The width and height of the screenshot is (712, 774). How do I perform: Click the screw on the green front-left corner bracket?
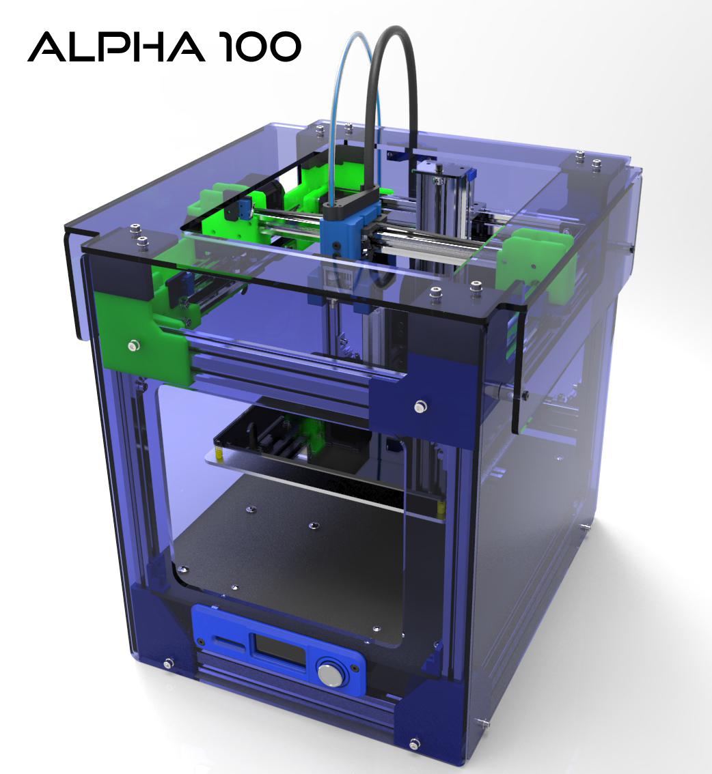[133, 345]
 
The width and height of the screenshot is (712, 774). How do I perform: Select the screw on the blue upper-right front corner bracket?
[420, 407]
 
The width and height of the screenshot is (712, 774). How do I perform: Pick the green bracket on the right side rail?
[536, 257]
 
